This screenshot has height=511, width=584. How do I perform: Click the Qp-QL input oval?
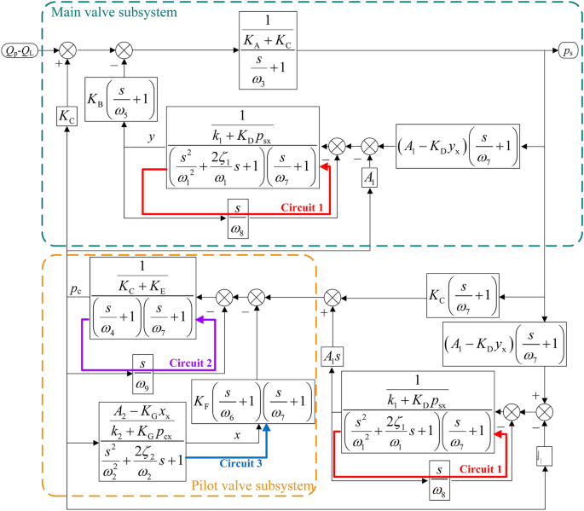point(25,49)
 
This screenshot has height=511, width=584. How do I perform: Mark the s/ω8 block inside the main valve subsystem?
point(240,209)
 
